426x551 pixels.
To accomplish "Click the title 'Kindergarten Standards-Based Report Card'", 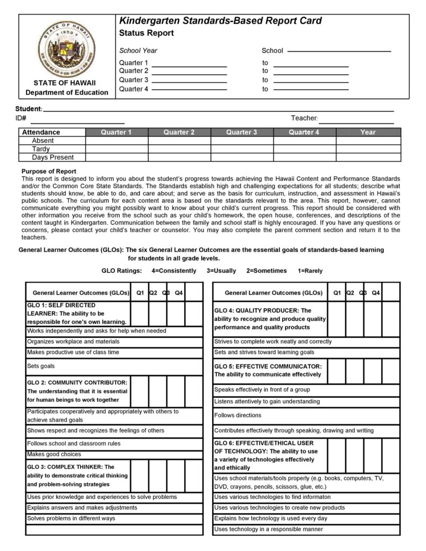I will tap(220, 21).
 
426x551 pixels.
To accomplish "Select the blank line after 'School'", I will tap(339, 51).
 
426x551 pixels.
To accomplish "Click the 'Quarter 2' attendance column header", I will tap(179, 132).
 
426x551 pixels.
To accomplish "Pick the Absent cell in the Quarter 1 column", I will tap(117, 141).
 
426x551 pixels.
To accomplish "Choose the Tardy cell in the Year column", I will tap(368, 149).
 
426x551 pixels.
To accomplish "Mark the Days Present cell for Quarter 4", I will tap(304, 158).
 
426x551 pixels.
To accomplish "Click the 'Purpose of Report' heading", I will tap(48, 171).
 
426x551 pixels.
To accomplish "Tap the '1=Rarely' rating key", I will tap(310, 271).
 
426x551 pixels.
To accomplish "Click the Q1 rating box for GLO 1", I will tap(140, 314).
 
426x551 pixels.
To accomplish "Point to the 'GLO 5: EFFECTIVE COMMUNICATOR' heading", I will tap(268, 370).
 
